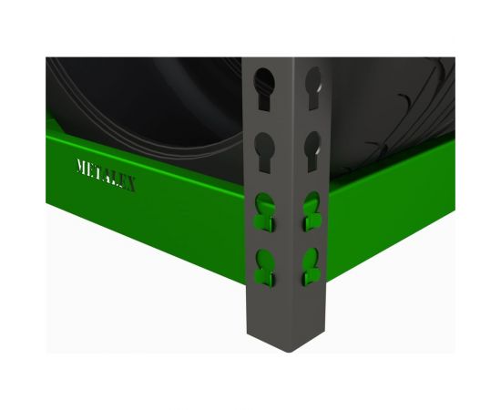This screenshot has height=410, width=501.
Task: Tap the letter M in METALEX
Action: [82, 169]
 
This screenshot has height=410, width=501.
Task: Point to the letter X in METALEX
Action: [130, 185]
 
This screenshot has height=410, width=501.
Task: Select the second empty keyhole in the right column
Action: [312, 145]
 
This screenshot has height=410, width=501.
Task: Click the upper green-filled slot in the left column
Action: [263, 209]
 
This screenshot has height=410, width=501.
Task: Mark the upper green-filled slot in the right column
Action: [311, 209]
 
